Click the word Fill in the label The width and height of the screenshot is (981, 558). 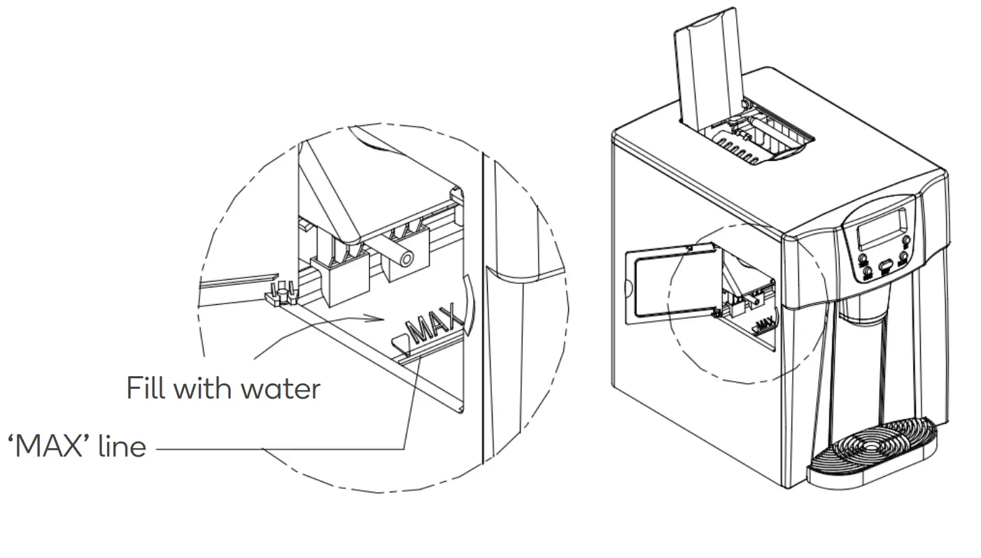pos(146,387)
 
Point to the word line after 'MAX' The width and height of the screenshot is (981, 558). pos(122,445)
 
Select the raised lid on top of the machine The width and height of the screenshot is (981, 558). pos(707,70)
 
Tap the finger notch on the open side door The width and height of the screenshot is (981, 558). pos(628,286)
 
